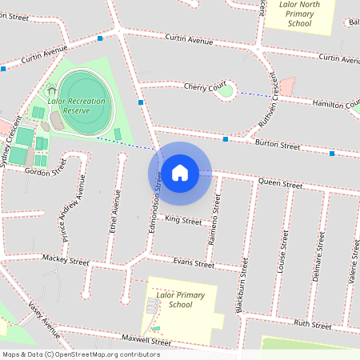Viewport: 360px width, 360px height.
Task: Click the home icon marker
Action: coord(180,172)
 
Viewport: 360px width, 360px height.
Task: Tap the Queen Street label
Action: coord(280,184)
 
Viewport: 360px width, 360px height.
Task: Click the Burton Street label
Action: coord(278,146)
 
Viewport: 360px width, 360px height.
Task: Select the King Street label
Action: coord(183,220)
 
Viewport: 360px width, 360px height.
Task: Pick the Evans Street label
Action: coord(194,262)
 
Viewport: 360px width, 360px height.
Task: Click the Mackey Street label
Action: coord(66,261)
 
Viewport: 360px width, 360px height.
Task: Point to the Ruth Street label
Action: coord(312,324)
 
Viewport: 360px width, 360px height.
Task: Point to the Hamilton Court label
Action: coord(336,105)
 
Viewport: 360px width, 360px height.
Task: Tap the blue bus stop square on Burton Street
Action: coord(226,139)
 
